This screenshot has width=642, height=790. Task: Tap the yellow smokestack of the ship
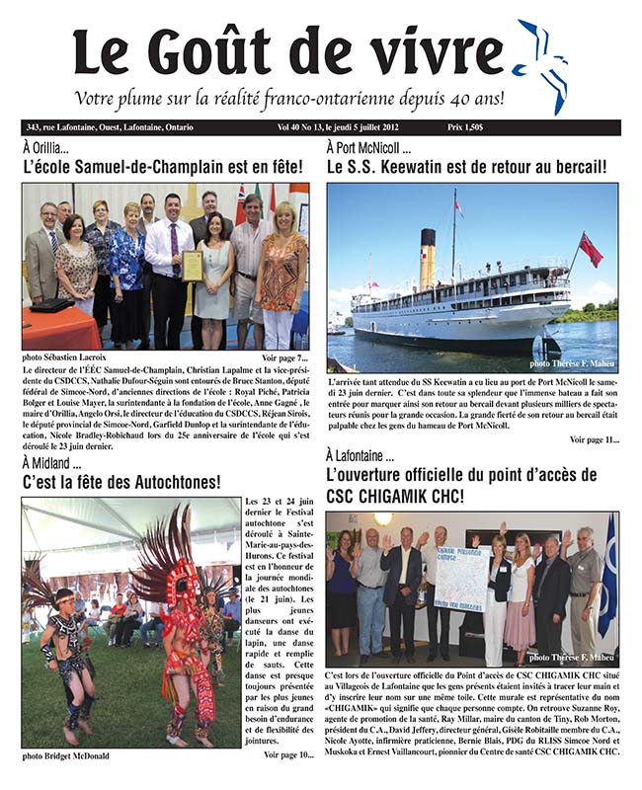[x=427, y=259]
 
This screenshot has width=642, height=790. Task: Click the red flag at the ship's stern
[x=591, y=250]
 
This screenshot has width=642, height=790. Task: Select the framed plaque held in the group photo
[x=192, y=266]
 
